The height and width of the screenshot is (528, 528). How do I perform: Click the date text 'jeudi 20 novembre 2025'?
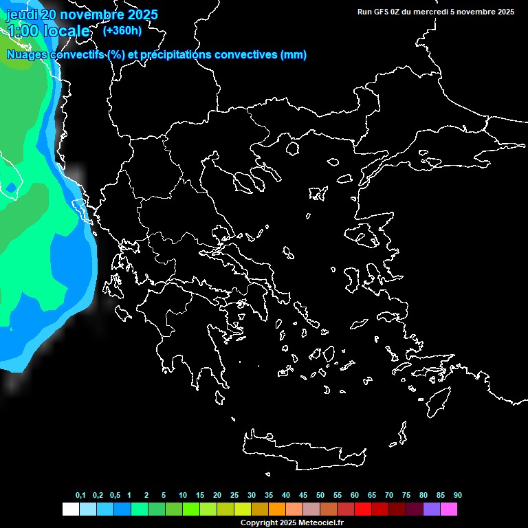coord(82,14)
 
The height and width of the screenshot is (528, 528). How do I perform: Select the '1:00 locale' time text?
coord(48,32)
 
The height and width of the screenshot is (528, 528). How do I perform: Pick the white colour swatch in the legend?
coord(70,509)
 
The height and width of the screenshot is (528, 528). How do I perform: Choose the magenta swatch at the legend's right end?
coord(449,509)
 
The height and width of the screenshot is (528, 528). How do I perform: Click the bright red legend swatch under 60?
coord(363,509)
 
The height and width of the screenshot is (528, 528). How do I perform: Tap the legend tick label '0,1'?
coord(80,496)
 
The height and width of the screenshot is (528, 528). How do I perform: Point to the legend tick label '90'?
coord(458,496)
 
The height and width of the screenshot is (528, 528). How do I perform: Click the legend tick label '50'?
coord(320,496)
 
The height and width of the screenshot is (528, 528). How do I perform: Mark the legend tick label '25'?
coord(234,496)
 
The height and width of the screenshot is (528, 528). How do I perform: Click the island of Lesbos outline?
coord(364,238)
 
